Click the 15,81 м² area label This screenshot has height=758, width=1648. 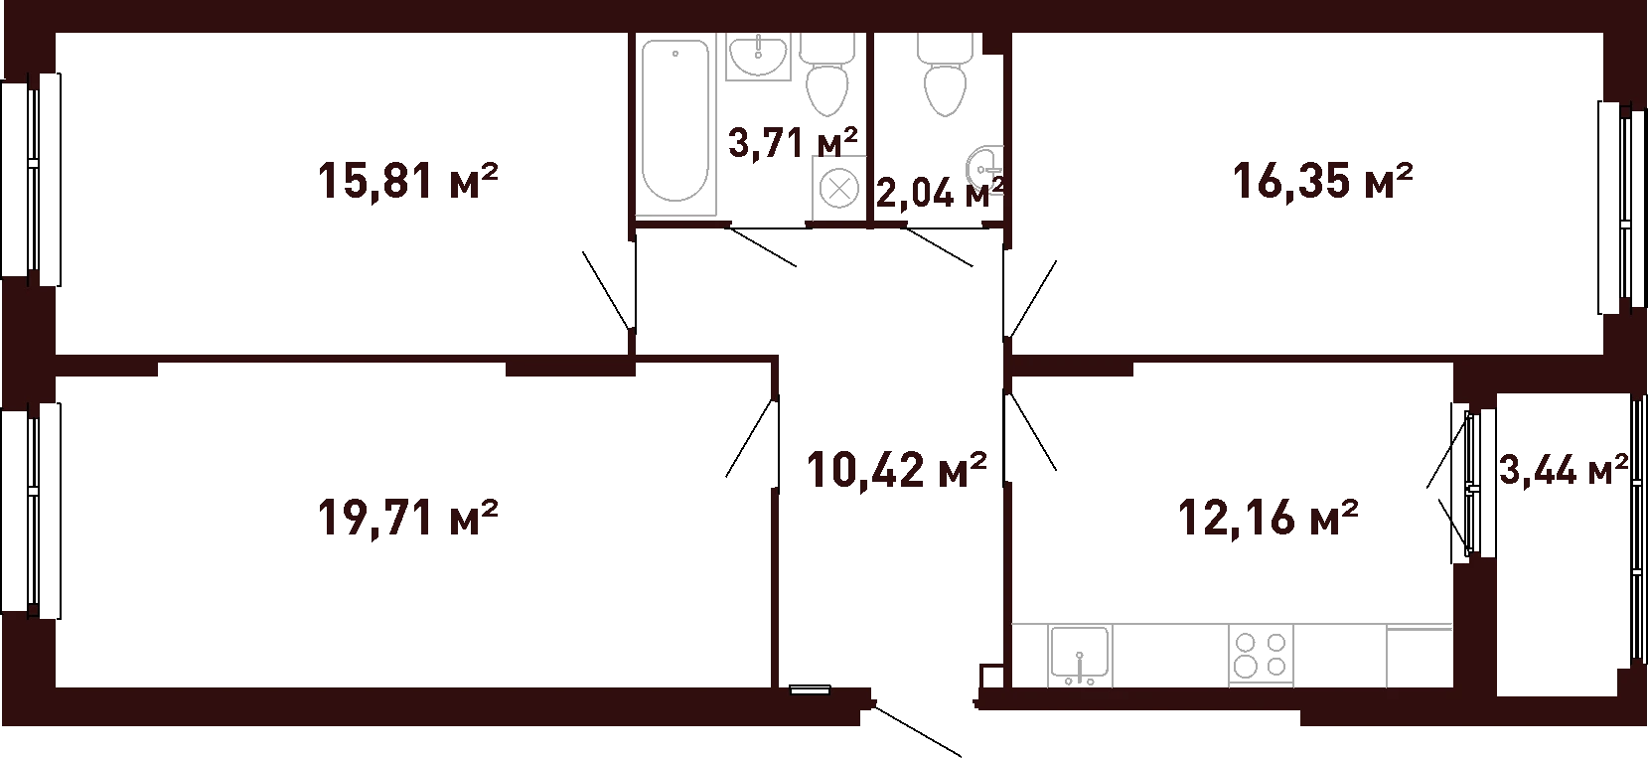point(407,182)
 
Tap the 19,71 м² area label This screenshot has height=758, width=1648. point(407,517)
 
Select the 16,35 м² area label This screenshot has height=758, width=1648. point(1323,182)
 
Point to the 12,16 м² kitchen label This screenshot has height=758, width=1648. point(1268,517)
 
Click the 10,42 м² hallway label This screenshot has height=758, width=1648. point(896,470)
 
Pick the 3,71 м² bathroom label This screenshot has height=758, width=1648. point(793,142)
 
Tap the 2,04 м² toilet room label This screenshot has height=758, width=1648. point(941,193)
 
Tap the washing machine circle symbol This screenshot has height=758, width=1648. point(838,189)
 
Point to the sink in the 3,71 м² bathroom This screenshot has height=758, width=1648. point(759,56)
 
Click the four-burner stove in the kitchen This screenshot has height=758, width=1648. point(1261,655)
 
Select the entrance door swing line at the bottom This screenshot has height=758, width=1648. point(917,732)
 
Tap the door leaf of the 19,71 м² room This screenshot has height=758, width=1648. point(751,438)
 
